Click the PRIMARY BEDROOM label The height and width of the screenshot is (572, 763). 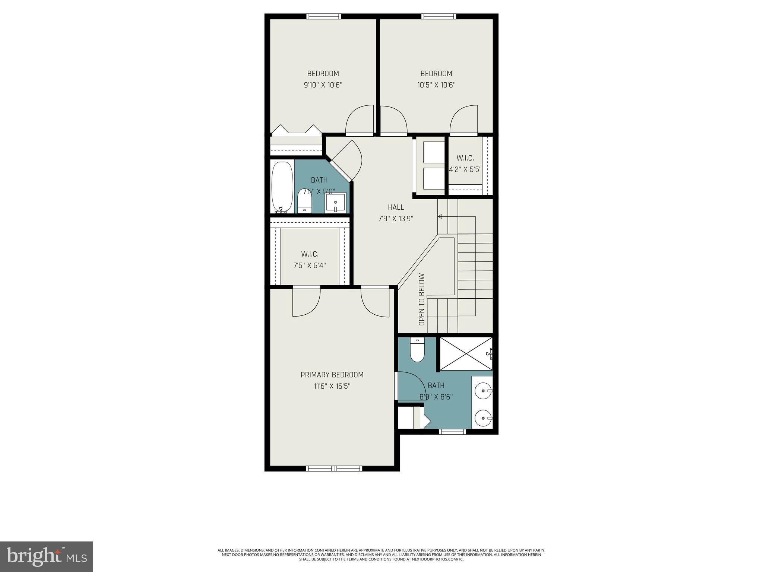(x=332, y=375)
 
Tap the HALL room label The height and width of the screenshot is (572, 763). (x=396, y=207)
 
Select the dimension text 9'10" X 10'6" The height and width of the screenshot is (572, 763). (x=323, y=85)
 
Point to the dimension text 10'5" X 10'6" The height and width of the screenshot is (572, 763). (x=436, y=85)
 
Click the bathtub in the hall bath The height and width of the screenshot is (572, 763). (x=283, y=186)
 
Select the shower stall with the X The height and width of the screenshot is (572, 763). (x=466, y=354)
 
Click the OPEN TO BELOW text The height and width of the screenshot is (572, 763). (x=422, y=299)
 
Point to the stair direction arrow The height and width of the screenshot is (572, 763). (x=440, y=216)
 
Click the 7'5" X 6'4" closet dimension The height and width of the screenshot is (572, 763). (x=310, y=266)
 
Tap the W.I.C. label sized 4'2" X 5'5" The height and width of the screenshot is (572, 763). (x=465, y=158)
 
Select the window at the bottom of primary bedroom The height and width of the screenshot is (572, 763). (x=334, y=468)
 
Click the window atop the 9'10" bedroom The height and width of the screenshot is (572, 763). (x=323, y=16)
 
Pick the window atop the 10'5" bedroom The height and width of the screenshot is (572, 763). (x=439, y=16)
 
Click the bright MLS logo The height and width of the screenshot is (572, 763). (x=47, y=556)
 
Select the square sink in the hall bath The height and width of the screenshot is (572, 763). (x=336, y=203)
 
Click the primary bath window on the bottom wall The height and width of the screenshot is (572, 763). (x=452, y=432)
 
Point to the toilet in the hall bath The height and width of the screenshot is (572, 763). (x=305, y=201)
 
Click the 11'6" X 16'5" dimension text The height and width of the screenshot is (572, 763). (x=332, y=386)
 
